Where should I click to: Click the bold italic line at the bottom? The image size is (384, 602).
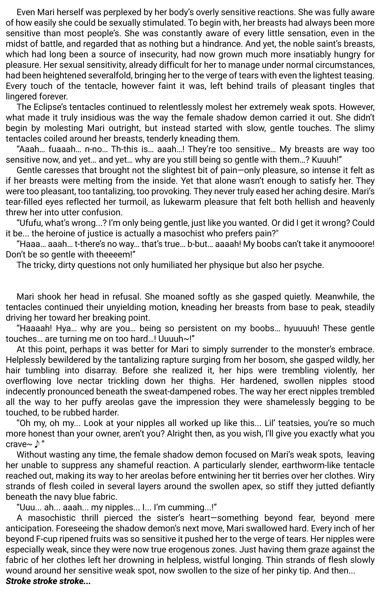[x=48, y=581]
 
